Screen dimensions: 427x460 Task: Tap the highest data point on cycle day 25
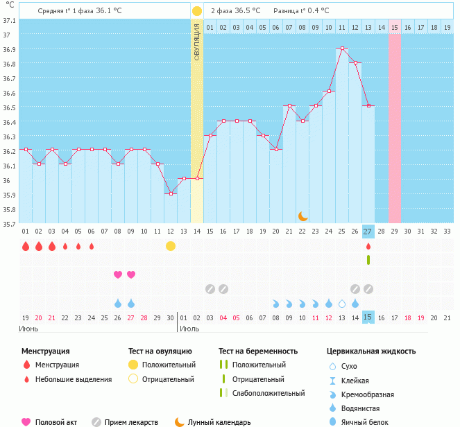[x=341, y=49]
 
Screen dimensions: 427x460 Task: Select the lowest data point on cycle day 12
[x=171, y=193]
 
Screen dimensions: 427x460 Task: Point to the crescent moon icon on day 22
[x=303, y=216]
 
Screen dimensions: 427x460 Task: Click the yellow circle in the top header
[x=197, y=11]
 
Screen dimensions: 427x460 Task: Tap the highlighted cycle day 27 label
[x=368, y=231]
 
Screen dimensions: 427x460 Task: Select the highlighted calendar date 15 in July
[x=368, y=317]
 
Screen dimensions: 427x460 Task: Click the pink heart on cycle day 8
[x=118, y=274]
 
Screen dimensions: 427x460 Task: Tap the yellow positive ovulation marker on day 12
[x=171, y=246]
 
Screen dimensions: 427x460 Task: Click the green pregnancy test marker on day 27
[x=368, y=260]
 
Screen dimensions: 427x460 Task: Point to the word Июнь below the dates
[x=28, y=328]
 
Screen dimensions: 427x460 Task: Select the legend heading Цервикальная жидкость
[x=371, y=351]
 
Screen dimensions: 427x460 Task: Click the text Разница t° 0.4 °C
[x=302, y=11]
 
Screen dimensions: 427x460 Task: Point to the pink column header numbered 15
[x=394, y=27]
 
